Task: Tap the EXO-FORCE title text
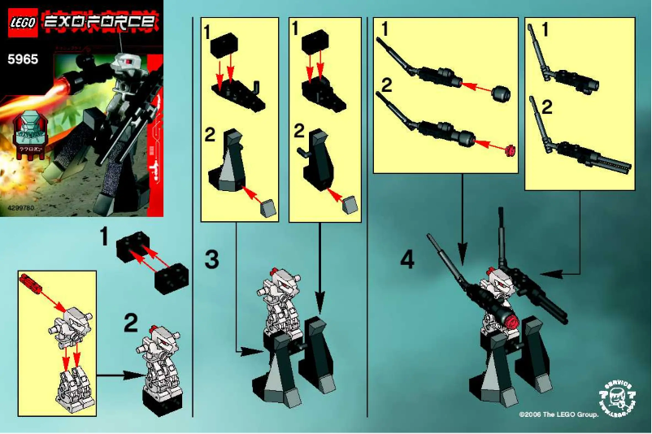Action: (98, 23)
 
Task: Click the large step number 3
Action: (211, 260)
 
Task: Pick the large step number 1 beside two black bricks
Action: (103, 237)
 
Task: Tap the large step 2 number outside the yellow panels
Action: (131, 324)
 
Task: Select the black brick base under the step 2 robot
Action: (159, 394)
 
